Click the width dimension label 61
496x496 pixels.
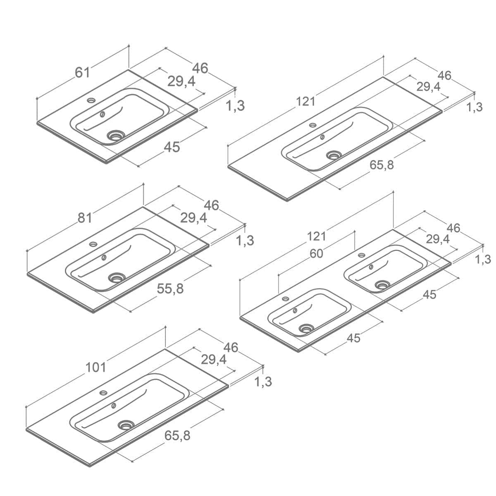coord(82,72)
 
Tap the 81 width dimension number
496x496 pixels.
coord(85,218)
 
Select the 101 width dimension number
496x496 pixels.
coord(95,367)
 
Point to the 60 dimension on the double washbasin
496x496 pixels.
coord(316,254)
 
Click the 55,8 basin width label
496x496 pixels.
coord(170,289)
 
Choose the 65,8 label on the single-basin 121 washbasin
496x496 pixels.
coord(382,165)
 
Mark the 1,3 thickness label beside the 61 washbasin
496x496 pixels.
coord(235,105)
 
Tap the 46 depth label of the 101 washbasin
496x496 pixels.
coord(231,348)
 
